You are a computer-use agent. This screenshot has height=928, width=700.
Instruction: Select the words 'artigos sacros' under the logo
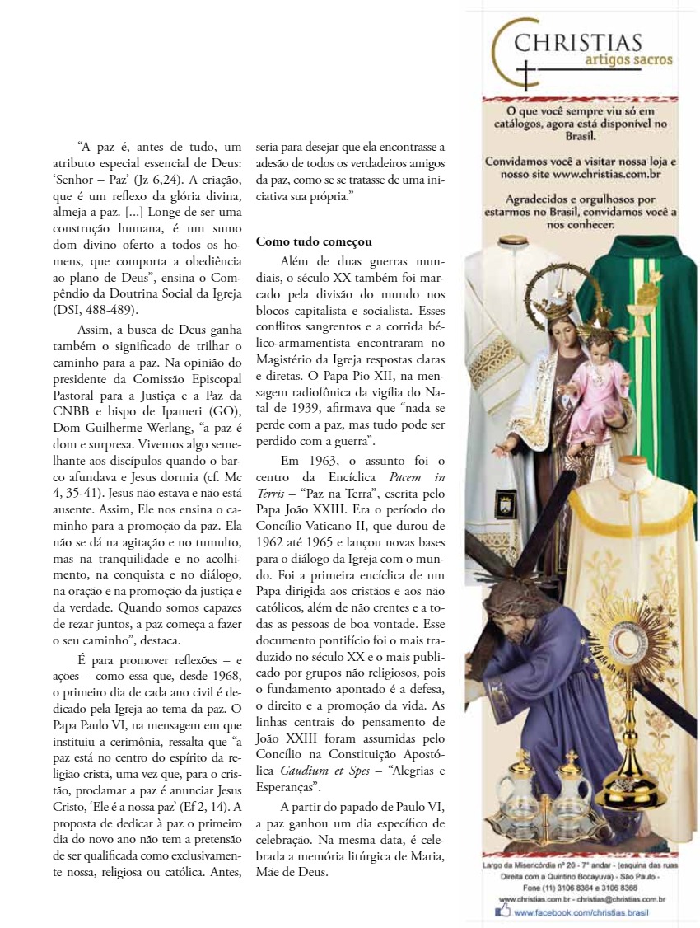click(629, 60)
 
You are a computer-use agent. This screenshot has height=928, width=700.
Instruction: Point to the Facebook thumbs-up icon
click(502, 911)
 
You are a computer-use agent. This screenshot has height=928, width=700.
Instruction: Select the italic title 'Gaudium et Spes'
click(319, 771)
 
